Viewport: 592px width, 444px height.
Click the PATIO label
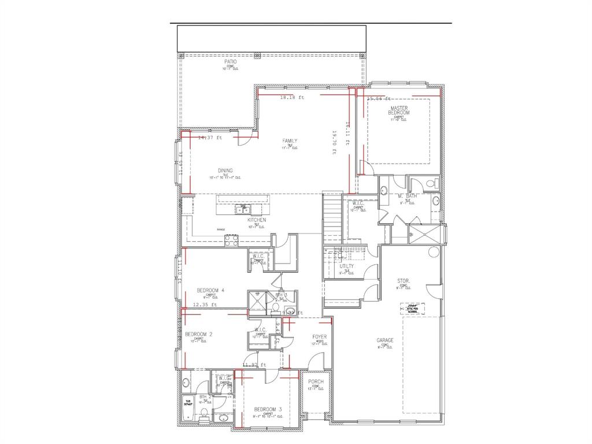click(231, 61)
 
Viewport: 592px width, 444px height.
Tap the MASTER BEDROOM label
click(399, 110)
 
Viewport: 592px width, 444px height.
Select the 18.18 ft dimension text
click(292, 98)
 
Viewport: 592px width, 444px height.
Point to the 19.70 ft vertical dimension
click(335, 142)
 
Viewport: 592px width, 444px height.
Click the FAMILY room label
click(290, 141)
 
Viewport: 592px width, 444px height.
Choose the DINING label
click(225, 171)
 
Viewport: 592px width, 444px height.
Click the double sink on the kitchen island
click(243, 209)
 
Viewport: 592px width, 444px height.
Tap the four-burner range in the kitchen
click(231, 239)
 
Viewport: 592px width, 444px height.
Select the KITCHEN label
click(257, 220)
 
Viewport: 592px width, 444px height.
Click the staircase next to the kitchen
click(332, 216)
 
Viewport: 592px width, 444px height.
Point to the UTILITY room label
click(347, 266)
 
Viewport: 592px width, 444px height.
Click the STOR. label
click(404, 281)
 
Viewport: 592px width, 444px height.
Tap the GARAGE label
click(385, 341)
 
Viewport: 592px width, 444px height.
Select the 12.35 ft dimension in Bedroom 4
click(205, 304)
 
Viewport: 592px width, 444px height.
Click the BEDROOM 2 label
click(198, 334)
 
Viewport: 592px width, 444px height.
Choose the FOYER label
click(320, 336)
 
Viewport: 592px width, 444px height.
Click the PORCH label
click(316, 382)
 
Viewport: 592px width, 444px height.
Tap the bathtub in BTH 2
click(187, 403)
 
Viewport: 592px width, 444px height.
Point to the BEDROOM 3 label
click(268, 409)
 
